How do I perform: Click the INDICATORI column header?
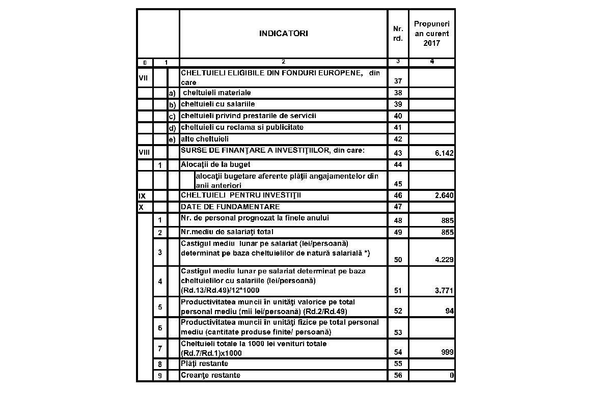(x=283, y=34)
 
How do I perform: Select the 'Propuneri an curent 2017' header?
(x=431, y=34)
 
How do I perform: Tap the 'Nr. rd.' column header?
(x=398, y=34)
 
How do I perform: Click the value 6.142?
(x=445, y=153)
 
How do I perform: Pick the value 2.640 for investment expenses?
(x=445, y=195)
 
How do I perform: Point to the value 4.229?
(x=445, y=260)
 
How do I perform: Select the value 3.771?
(x=445, y=291)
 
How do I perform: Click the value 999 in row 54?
(x=447, y=352)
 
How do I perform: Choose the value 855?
(x=447, y=232)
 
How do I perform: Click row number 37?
(x=398, y=81)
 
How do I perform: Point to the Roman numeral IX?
(x=142, y=195)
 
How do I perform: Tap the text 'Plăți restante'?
(x=204, y=363)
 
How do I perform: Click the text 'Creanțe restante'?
(x=210, y=375)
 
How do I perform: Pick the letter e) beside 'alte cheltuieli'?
(x=172, y=139)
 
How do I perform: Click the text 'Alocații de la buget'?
(x=215, y=164)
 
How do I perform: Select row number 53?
(x=398, y=332)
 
